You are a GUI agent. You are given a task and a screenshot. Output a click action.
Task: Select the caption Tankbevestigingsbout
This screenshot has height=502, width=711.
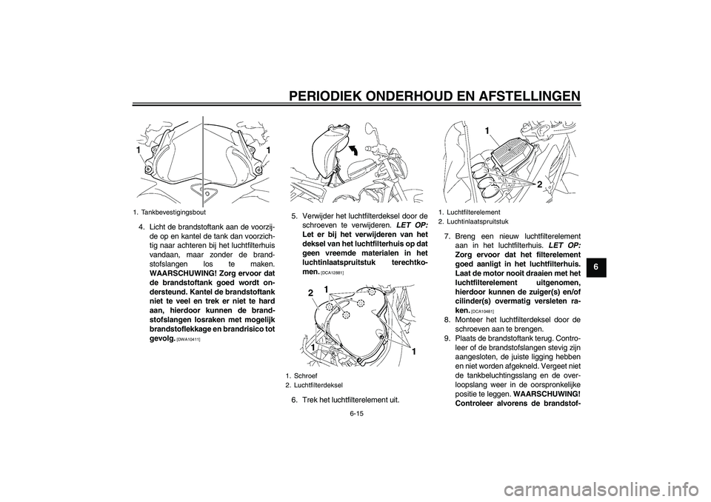(x=174, y=212)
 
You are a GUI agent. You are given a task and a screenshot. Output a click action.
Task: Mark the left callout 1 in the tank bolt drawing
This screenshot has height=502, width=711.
(x=138, y=150)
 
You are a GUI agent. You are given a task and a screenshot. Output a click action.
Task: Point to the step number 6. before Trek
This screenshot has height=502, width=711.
(x=295, y=400)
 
